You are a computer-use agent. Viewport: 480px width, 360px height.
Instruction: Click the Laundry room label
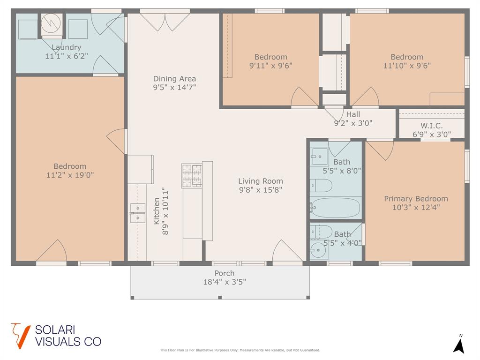(67, 47)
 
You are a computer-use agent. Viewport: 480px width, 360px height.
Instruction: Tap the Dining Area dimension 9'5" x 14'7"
(174, 87)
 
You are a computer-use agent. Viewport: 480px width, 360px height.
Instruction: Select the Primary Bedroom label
(416, 199)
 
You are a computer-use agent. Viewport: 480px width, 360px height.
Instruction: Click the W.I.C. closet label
(432, 126)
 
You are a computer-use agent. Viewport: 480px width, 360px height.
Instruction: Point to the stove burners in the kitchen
(192, 176)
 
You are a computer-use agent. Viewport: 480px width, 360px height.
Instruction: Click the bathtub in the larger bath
(336, 208)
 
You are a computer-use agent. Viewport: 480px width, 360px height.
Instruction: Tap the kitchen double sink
(137, 213)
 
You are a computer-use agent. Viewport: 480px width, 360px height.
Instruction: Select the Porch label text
(225, 273)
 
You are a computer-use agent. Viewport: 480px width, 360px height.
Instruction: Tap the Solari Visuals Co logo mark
(21, 336)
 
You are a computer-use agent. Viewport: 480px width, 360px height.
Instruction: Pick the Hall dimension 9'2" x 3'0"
(353, 123)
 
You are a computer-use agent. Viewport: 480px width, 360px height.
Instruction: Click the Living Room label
(261, 181)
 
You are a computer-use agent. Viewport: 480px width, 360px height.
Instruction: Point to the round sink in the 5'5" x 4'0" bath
(318, 250)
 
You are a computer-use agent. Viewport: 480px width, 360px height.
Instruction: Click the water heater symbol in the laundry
(52, 24)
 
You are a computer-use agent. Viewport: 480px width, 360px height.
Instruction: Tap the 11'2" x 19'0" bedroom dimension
(70, 175)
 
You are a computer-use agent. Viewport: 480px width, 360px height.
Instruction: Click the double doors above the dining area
(165, 22)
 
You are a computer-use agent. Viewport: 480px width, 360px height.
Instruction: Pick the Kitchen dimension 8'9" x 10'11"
(165, 211)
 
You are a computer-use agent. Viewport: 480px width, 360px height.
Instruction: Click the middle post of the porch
(219, 297)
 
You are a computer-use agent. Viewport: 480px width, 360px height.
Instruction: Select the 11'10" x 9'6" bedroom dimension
(407, 66)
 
